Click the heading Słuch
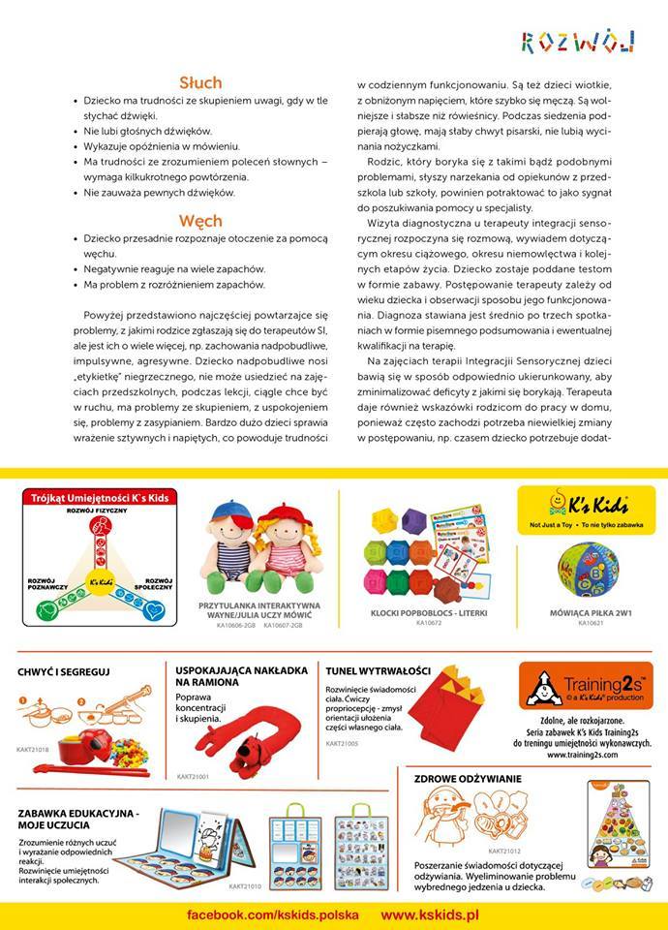200,82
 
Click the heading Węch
200,220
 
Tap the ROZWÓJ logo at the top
578,41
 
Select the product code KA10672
428,624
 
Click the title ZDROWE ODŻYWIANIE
468,778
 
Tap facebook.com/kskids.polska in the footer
273,914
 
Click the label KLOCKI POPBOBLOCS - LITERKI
428,612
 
